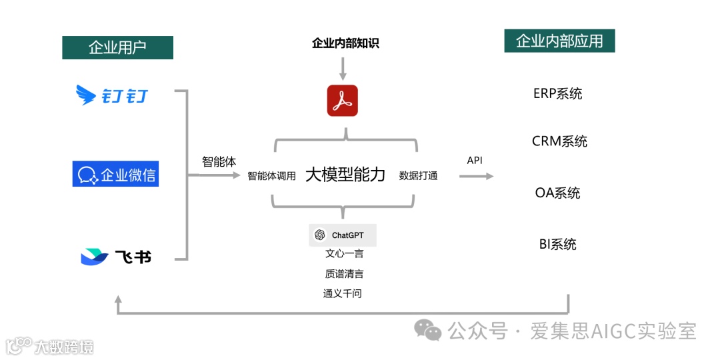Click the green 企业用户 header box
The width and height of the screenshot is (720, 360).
[x=117, y=47]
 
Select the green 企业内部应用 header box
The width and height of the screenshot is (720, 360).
[x=559, y=41]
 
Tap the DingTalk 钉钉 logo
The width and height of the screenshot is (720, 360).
[x=112, y=96]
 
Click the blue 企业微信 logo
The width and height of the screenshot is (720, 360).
[x=115, y=175]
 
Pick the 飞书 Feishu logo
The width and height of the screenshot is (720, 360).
[x=116, y=256]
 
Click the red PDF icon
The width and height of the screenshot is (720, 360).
[x=343, y=101]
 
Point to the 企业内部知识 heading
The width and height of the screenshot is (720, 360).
[x=345, y=44]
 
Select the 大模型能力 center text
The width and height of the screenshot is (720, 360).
[x=345, y=175]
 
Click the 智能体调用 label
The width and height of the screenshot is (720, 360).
[x=271, y=176]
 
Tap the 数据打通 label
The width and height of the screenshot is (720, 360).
[x=419, y=176]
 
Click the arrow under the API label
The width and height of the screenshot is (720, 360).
[x=476, y=176]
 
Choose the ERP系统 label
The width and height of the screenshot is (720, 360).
[x=558, y=93]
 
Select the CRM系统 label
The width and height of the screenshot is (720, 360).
[x=559, y=141]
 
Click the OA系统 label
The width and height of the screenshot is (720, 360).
[x=557, y=193]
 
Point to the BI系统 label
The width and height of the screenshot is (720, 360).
[x=557, y=244]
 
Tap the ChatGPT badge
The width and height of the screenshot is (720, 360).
[x=343, y=235]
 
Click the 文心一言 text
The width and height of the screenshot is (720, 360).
[x=344, y=254]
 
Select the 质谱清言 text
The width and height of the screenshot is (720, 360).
[x=344, y=274]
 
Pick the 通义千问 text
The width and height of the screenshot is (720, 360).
[x=343, y=293]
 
